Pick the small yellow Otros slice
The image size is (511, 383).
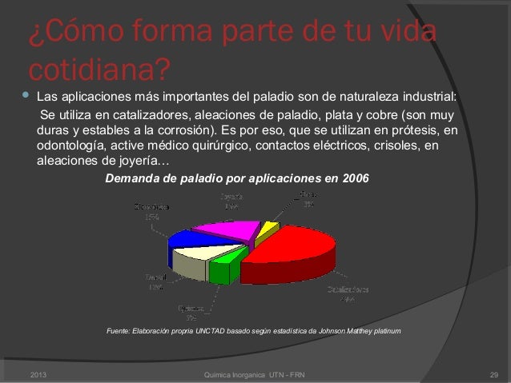[x=269, y=233]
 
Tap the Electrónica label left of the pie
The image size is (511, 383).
[x=152, y=206]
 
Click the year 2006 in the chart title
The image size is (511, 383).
[x=356, y=178]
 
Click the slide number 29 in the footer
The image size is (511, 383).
[x=493, y=374]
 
